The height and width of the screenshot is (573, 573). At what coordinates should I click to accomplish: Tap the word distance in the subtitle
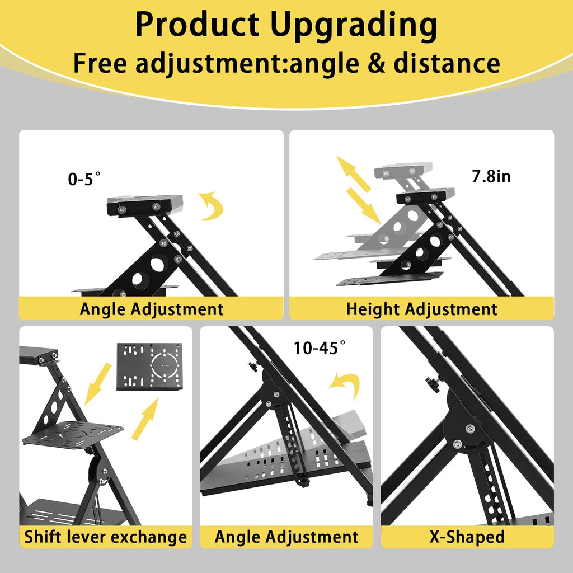(x=447, y=63)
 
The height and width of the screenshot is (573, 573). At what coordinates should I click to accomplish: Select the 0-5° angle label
(x=84, y=179)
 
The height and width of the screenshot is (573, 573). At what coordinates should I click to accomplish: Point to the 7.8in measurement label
(x=491, y=176)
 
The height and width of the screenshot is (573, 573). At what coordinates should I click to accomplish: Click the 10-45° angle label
(x=320, y=347)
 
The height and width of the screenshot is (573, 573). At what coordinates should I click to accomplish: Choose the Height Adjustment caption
(x=422, y=309)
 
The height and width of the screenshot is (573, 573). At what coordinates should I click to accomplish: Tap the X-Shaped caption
(x=467, y=537)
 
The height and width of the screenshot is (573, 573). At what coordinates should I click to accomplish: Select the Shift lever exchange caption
(x=106, y=537)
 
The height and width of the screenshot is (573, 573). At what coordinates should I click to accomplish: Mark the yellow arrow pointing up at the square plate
(x=145, y=419)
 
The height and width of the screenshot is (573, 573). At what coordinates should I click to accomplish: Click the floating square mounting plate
(x=149, y=367)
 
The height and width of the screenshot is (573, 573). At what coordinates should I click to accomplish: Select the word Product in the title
(x=198, y=24)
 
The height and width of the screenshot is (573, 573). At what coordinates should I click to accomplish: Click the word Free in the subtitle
(x=100, y=63)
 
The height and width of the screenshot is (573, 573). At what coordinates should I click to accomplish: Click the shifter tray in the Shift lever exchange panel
(x=73, y=434)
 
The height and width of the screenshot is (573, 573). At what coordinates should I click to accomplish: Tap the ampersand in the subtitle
(x=377, y=63)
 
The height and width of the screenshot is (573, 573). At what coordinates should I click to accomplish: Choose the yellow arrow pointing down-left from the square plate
(x=97, y=383)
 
